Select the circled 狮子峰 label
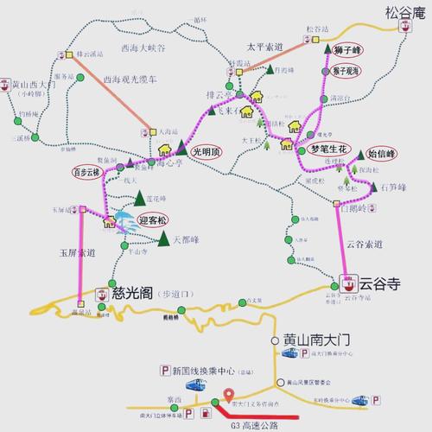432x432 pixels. pyautogui.click(x=348, y=50)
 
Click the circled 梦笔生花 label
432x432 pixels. pyautogui.click(x=327, y=149)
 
